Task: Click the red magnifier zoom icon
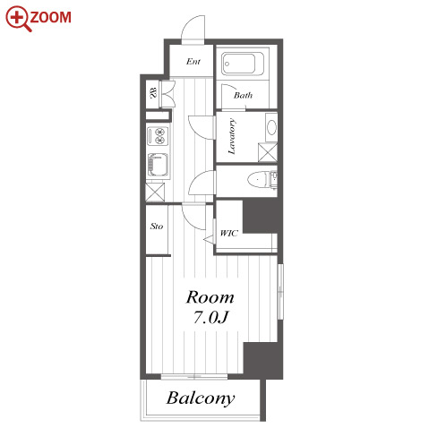click(18, 18)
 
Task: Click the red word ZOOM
click(51, 17)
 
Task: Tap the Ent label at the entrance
click(193, 62)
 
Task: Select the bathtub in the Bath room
click(243, 64)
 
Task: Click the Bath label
click(243, 95)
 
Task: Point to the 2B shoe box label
click(153, 92)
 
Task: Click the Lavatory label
click(232, 136)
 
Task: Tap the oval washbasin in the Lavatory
click(271, 127)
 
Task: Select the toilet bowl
click(257, 180)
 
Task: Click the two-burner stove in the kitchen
click(158, 136)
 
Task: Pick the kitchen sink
click(158, 165)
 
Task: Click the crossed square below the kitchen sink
click(155, 192)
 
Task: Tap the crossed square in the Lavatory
click(268, 152)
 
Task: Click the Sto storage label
click(157, 227)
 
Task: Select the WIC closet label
click(229, 233)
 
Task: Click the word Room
click(210, 297)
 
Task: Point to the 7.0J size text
click(211, 317)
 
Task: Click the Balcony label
click(201, 398)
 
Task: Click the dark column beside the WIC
click(262, 216)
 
